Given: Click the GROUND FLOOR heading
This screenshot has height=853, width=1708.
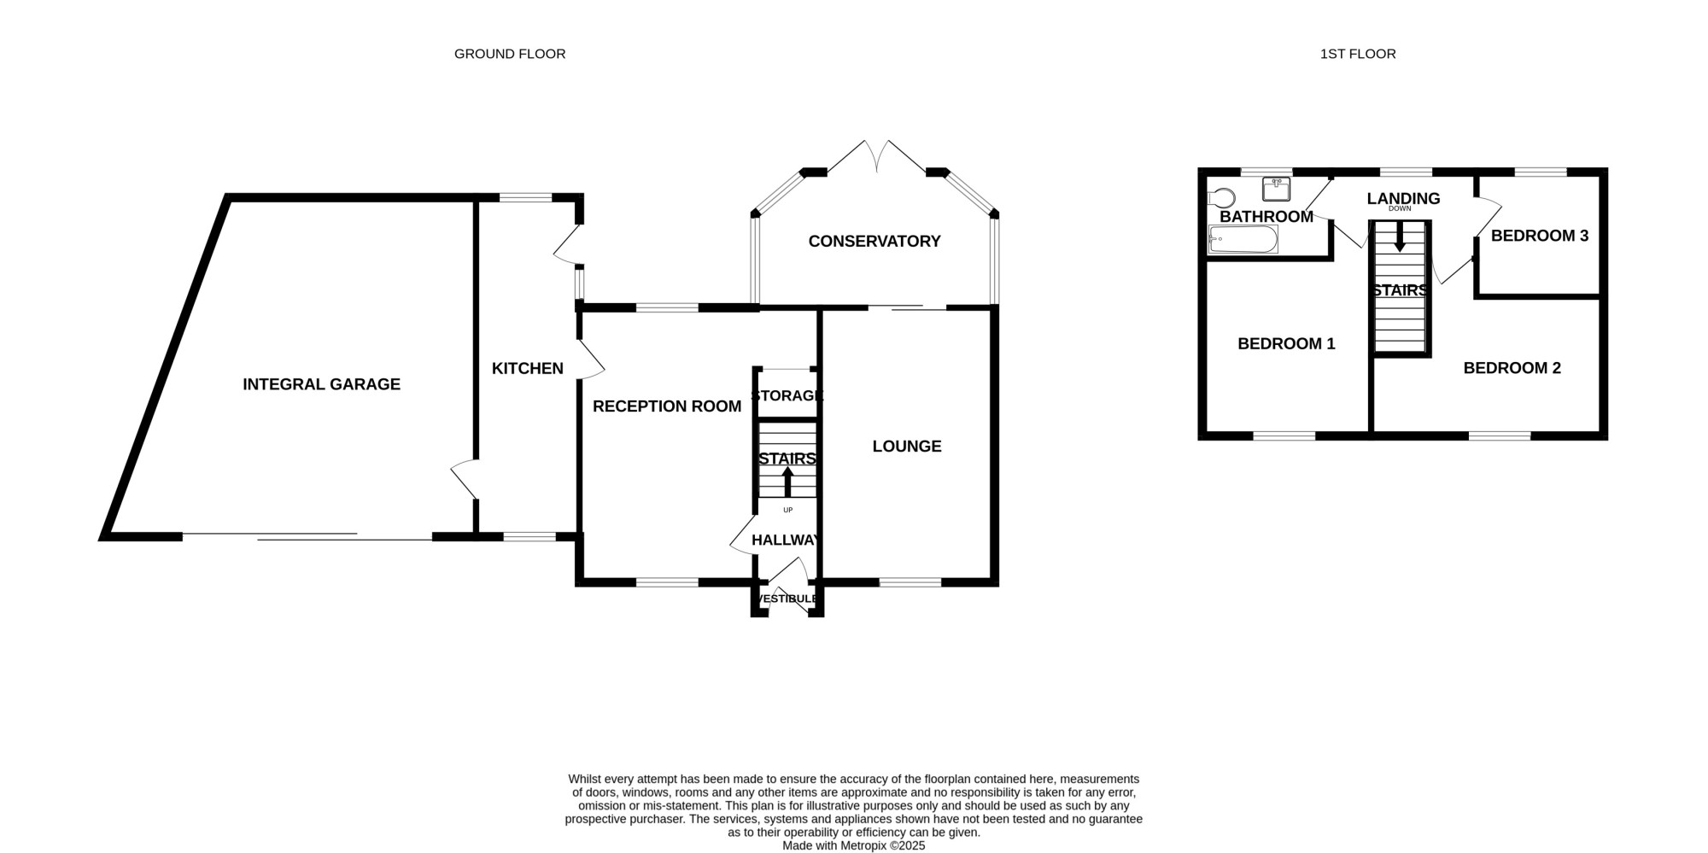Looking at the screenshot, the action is coord(510,54).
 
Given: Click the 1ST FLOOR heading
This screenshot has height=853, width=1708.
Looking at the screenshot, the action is coord(1358,54).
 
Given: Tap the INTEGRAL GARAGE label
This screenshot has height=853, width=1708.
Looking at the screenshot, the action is coord(321,384).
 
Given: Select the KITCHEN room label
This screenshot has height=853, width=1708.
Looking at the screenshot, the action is coord(528,368).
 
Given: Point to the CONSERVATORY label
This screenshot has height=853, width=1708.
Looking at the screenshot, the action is coord(874,242).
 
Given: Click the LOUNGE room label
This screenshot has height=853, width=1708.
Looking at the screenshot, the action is coord(907,446).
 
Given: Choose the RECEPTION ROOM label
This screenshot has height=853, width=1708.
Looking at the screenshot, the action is coord(667,406).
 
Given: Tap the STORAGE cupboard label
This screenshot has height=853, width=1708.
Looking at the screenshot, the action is coord(787,395).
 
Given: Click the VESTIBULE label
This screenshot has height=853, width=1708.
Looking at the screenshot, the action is coord(788,599).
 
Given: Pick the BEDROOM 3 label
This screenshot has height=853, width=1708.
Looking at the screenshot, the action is coord(1540,236).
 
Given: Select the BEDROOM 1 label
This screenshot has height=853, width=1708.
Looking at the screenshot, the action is coord(1286,343).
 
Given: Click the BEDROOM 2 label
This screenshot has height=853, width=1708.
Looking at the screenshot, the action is coord(1512,368).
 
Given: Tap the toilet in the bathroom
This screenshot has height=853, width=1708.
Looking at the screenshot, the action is coord(1221,198).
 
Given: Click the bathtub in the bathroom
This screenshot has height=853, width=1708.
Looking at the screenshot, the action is coord(1243,240).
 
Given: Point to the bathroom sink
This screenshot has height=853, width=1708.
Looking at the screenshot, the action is coord(1276,188).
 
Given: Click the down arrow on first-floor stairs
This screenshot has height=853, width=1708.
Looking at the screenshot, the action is coord(1400,237).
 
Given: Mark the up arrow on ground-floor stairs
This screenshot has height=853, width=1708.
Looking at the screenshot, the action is coord(787,482).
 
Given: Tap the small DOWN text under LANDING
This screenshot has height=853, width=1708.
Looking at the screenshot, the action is coord(1400,209).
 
